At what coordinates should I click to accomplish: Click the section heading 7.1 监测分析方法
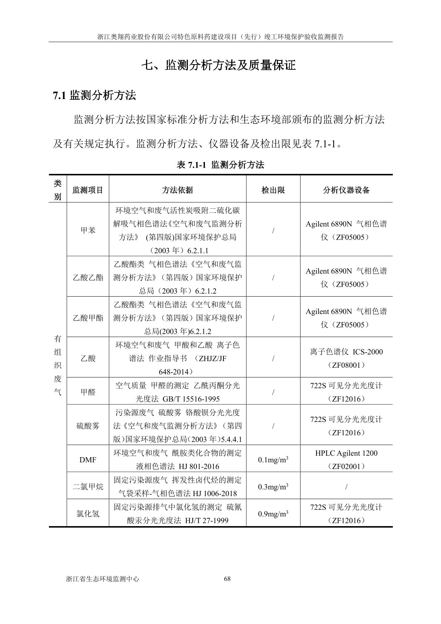click(94, 96)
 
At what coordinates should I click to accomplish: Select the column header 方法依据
click(177, 190)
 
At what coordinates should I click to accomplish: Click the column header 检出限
click(273, 190)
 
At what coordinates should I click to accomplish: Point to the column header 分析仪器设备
click(346, 190)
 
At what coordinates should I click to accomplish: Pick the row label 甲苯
click(88, 230)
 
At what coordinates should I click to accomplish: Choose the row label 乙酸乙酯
click(88, 277)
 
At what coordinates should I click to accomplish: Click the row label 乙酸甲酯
click(88, 318)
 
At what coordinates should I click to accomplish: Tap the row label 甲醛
click(88, 392)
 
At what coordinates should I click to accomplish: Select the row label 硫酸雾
click(88, 426)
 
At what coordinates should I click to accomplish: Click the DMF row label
click(88, 460)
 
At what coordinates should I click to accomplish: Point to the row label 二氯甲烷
click(88, 486)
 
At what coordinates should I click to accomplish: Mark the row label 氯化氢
click(88, 514)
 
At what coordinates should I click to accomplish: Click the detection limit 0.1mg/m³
click(273, 460)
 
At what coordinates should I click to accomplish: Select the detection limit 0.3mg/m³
click(273, 486)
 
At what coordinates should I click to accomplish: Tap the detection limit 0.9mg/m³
click(273, 514)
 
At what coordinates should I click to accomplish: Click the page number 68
click(228, 579)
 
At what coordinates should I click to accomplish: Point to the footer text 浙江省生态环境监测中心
click(102, 579)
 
